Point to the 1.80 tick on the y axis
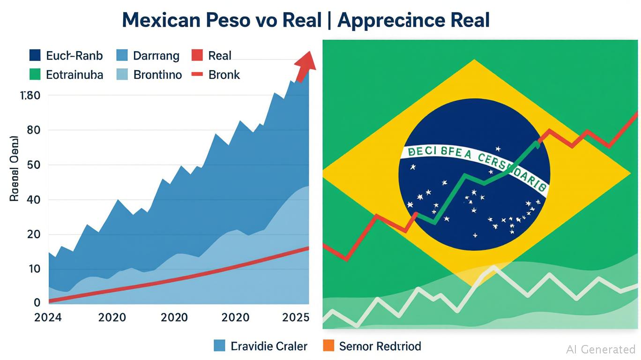pos(31,96)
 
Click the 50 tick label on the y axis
pos(33,165)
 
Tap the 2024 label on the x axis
pos(48,317)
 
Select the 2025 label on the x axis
pos(296,317)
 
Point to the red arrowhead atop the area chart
pos(306,61)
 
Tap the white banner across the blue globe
pos(473,164)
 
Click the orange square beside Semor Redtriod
pos(329,346)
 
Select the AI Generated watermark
pos(601,349)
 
